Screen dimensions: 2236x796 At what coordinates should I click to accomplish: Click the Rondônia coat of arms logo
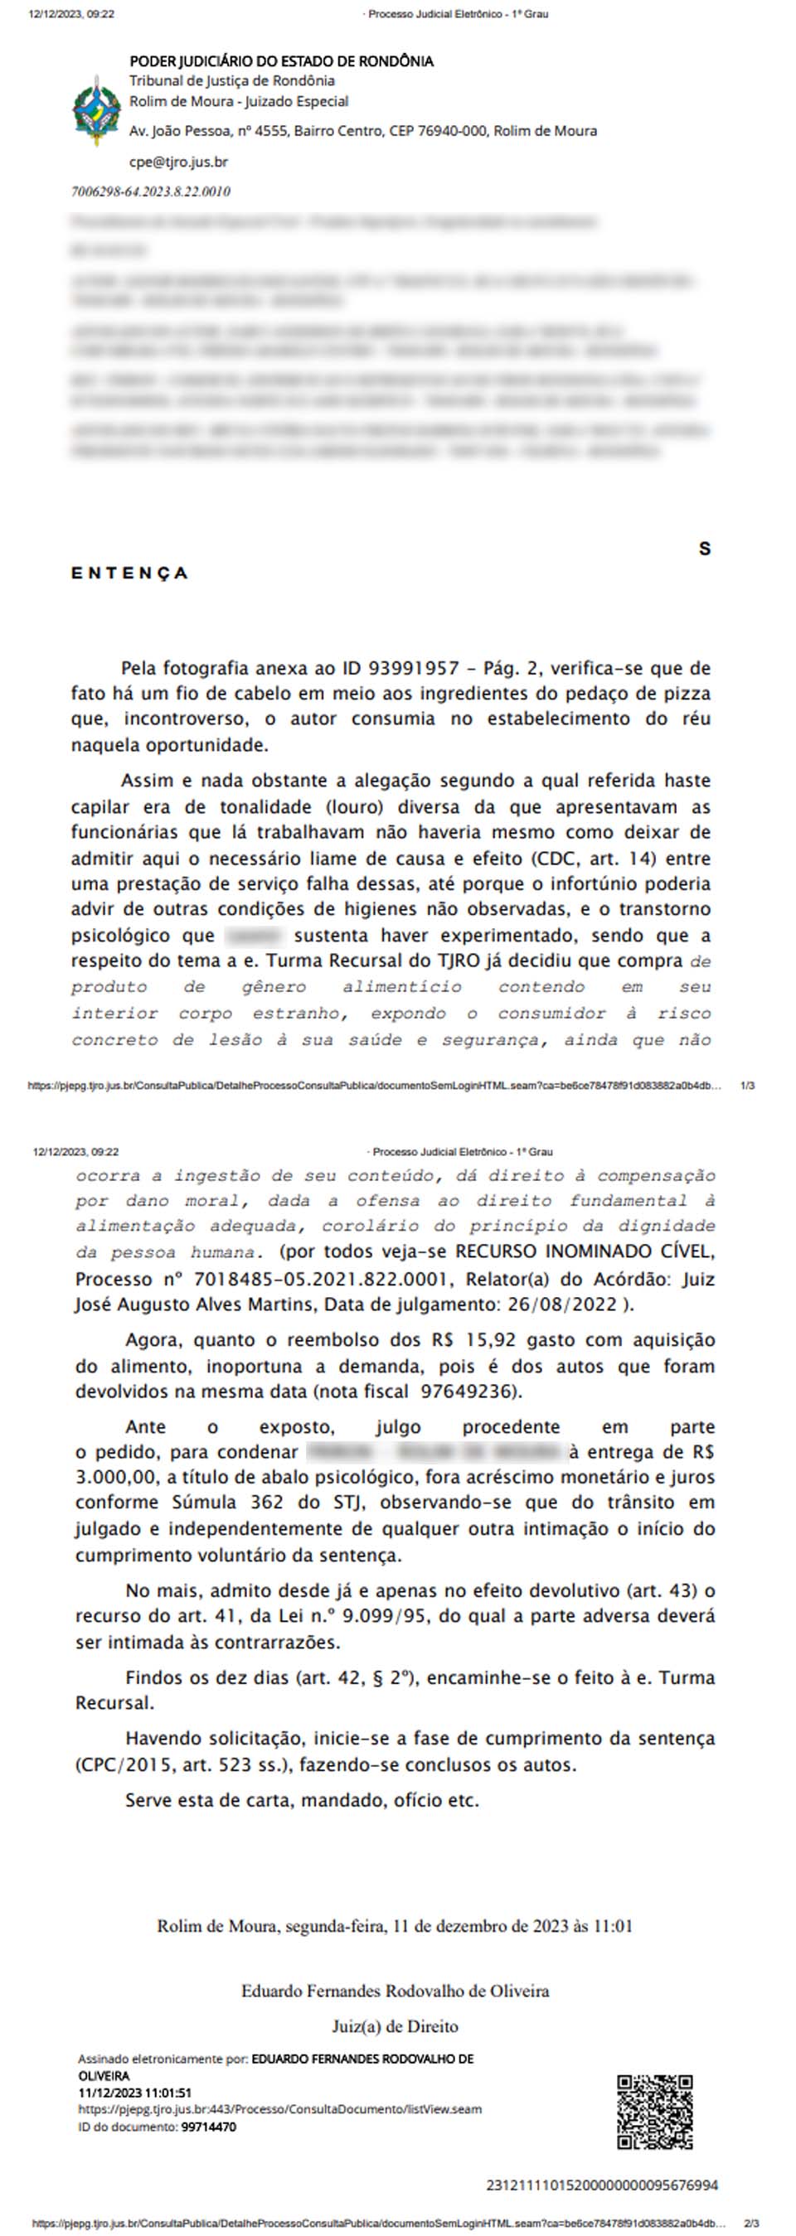(x=96, y=111)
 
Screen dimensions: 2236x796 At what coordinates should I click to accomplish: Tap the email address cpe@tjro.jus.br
(x=178, y=162)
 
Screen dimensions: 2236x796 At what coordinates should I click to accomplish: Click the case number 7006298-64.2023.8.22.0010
(x=150, y=191)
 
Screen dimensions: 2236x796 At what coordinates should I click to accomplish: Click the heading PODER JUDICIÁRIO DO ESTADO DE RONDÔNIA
(x=281, y=60)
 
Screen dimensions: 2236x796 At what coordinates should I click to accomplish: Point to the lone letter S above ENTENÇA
(x=704, y=549)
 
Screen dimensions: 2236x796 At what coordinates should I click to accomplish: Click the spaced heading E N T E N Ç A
(x=129, y=573)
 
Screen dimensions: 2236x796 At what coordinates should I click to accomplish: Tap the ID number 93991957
(x=413, y=668)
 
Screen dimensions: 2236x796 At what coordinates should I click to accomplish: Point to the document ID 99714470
(x=208, y=2127)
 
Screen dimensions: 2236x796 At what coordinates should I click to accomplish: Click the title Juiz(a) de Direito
(x=395, y=2027)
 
